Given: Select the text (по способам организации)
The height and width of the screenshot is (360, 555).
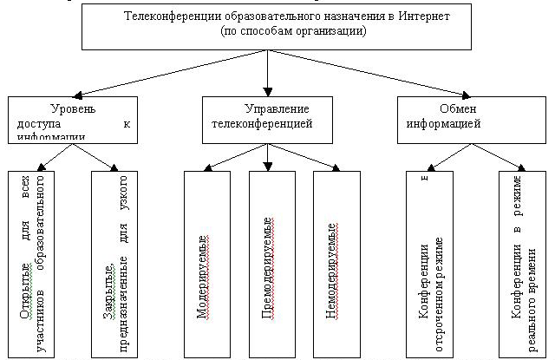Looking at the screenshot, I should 270,30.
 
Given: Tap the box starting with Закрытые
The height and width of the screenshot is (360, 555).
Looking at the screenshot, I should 116,260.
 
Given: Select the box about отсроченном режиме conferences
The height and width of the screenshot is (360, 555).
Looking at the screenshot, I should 428,260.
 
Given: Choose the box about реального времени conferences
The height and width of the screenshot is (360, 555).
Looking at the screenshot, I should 521,260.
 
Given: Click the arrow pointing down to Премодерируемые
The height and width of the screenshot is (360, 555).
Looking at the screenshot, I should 268,157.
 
